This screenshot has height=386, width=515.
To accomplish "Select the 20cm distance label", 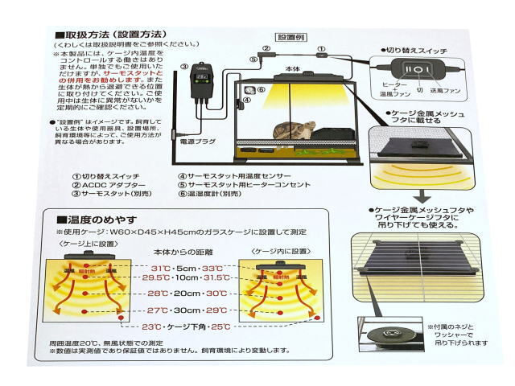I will pos(187,294).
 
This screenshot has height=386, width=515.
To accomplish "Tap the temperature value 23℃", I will pos(150,326).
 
